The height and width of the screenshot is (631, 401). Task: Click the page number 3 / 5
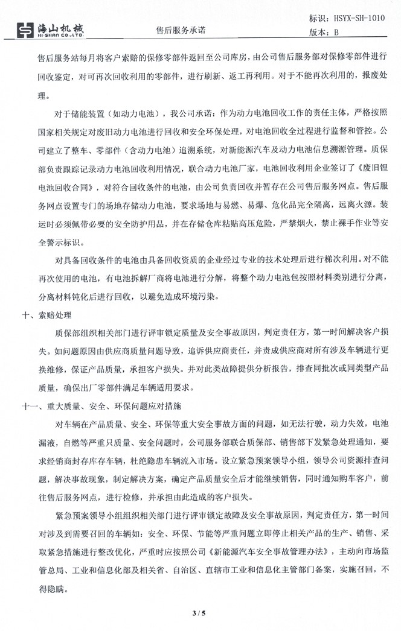click(200, 613)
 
